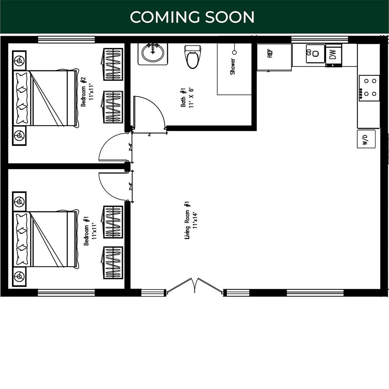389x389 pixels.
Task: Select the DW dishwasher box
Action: (x=333, y=55)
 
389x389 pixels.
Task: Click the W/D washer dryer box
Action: (x=366, y=139)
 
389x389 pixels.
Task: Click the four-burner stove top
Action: (x=368, y=88)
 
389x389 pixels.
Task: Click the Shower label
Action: (x=233, y=67)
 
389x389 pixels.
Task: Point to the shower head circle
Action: (x=234, y=52)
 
